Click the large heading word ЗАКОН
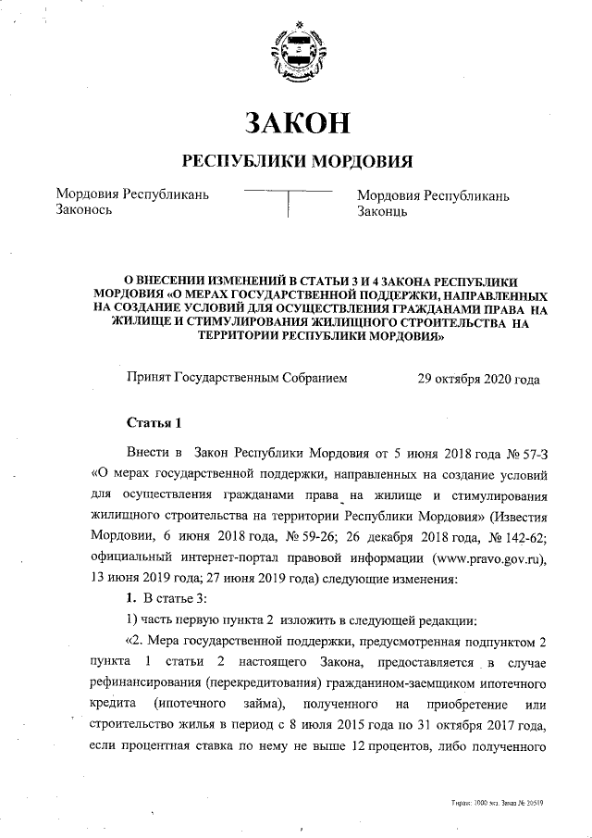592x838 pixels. pyautogui.click(x=296, y=121)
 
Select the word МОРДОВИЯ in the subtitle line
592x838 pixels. pyautogui.click(x=360, y=160)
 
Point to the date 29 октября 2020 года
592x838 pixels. pyautogui.click(x=478, y=379)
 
